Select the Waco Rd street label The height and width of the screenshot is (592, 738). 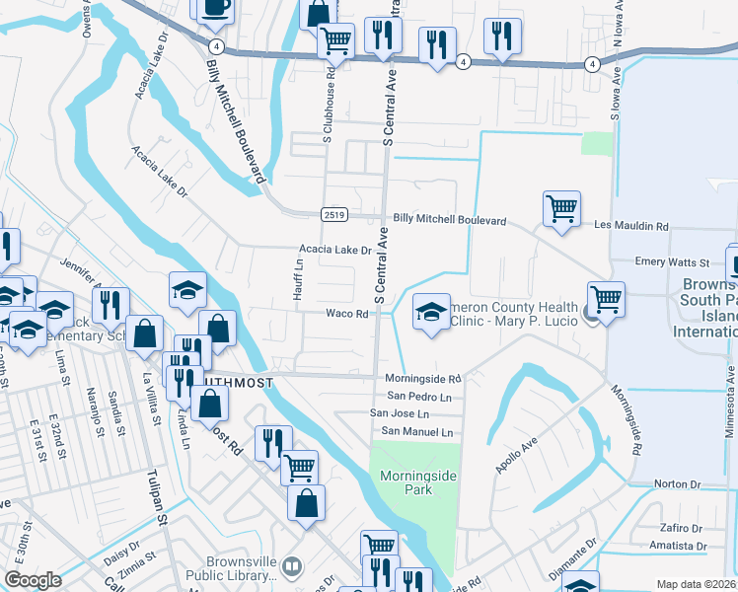(x=347, y=314)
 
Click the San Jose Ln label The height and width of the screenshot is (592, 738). (x=400, y=413)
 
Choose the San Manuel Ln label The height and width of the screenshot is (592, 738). (x=417, y=432)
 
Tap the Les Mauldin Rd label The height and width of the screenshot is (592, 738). (x=631, y=226)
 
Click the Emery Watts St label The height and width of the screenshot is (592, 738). (x=672, y=262)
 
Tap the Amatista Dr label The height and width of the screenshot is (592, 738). (x=677, y=545)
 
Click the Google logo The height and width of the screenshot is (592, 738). (x=32, y=579)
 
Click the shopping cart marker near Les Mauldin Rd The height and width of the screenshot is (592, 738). (x=561, y=208)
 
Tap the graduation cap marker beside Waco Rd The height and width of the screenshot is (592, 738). (x=431, y=313)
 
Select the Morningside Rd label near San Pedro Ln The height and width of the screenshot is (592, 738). (x=422, y=379)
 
